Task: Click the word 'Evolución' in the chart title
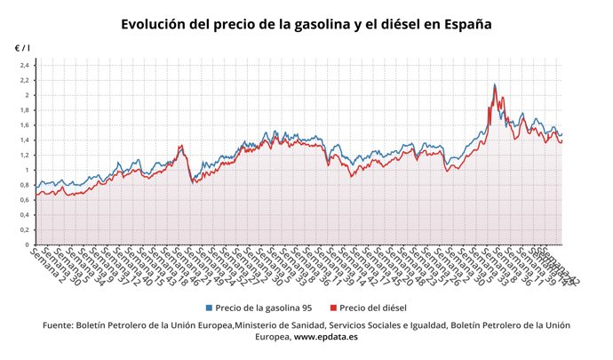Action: (159, 24)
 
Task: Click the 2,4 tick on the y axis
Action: (25, 65)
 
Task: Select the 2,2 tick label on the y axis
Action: (25, 80)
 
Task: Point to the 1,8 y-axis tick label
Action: (25, 110)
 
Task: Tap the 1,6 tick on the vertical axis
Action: (25, 125)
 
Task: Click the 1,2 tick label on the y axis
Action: (25, 155)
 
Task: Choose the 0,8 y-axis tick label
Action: (25, 185)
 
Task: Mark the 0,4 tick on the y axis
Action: (25, 214)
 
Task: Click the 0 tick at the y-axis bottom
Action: (28, 244)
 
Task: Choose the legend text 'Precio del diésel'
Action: (373, 308)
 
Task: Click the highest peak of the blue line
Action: (494, 84)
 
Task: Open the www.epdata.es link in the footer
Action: (329, 338)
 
